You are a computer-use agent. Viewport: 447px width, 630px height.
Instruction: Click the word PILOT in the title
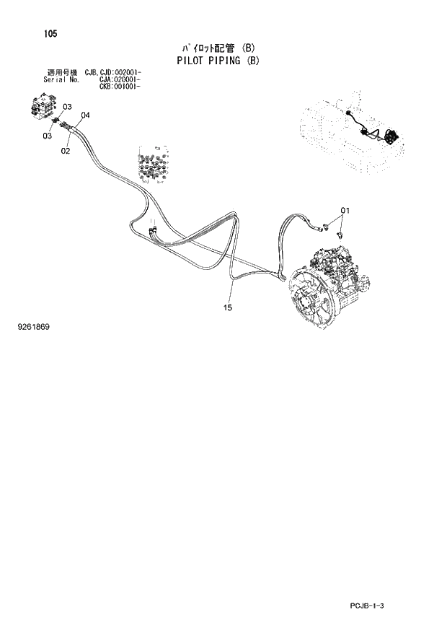(x=190, y=61)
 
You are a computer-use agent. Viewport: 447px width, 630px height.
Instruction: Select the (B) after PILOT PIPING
(x=252, y=61)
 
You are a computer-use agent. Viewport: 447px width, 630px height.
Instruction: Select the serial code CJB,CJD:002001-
(x=112, y=73)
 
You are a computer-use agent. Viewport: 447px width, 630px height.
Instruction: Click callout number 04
(x=85, y=115)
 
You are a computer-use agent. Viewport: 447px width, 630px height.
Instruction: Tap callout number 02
(x=65, y=151)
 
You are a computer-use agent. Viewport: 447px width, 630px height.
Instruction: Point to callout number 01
(x=345, y=210)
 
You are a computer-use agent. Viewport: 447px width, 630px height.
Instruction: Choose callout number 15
(x=227, y=308)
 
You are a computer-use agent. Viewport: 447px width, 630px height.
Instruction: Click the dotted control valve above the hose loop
(x=152, y=167)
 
